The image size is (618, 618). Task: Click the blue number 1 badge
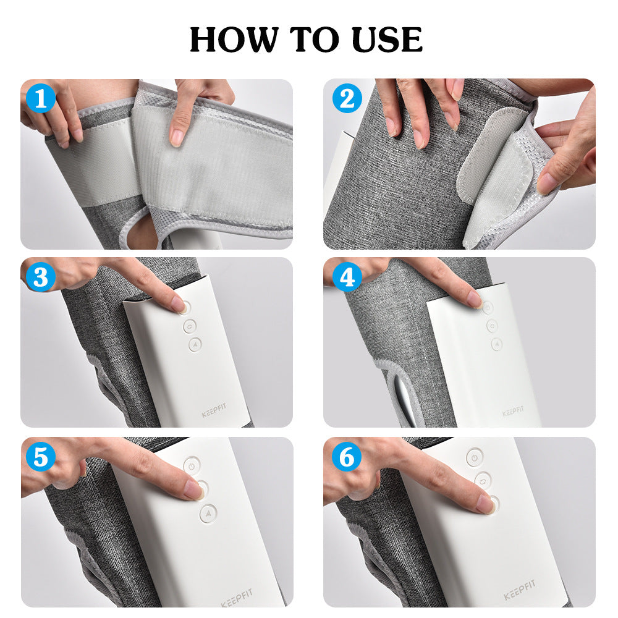tap(40, 99)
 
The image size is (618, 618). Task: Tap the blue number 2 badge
tap(347, 99)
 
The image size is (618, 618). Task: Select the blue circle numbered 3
tap(40, 277)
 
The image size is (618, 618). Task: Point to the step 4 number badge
tap(347, 277)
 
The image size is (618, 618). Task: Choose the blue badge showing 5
tap(40, 458)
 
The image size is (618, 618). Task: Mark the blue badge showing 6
tap(347, 458)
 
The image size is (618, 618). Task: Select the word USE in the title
tap(387, 40)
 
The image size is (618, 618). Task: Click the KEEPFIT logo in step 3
tap(214, 412)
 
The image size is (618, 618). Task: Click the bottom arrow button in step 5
tap(208, 513)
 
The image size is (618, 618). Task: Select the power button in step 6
tap(474, 457)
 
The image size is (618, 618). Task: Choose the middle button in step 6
tap(483, 480)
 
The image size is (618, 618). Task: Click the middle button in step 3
tap(189, 325)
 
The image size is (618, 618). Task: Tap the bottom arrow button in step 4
tap(496, 344)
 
